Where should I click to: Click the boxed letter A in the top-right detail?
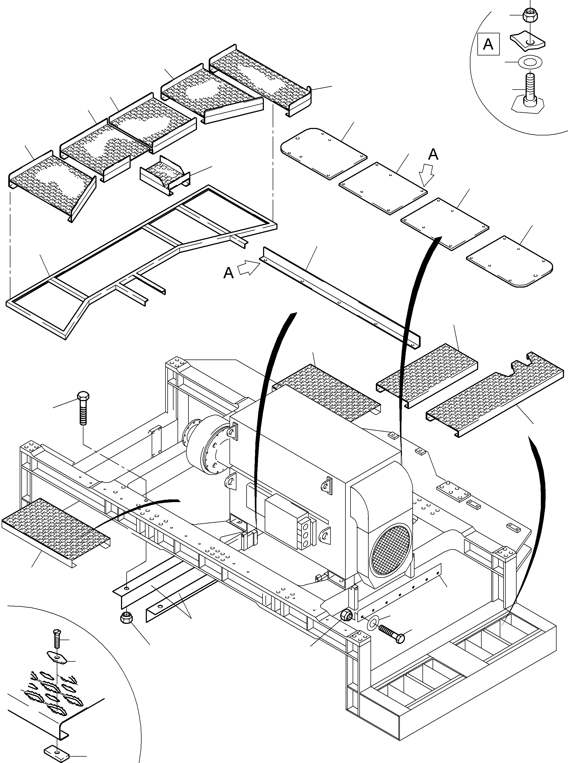(x=488, y=44)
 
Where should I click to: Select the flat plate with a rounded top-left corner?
(x=323, y=153)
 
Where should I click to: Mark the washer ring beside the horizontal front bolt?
(x=373, y=622)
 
